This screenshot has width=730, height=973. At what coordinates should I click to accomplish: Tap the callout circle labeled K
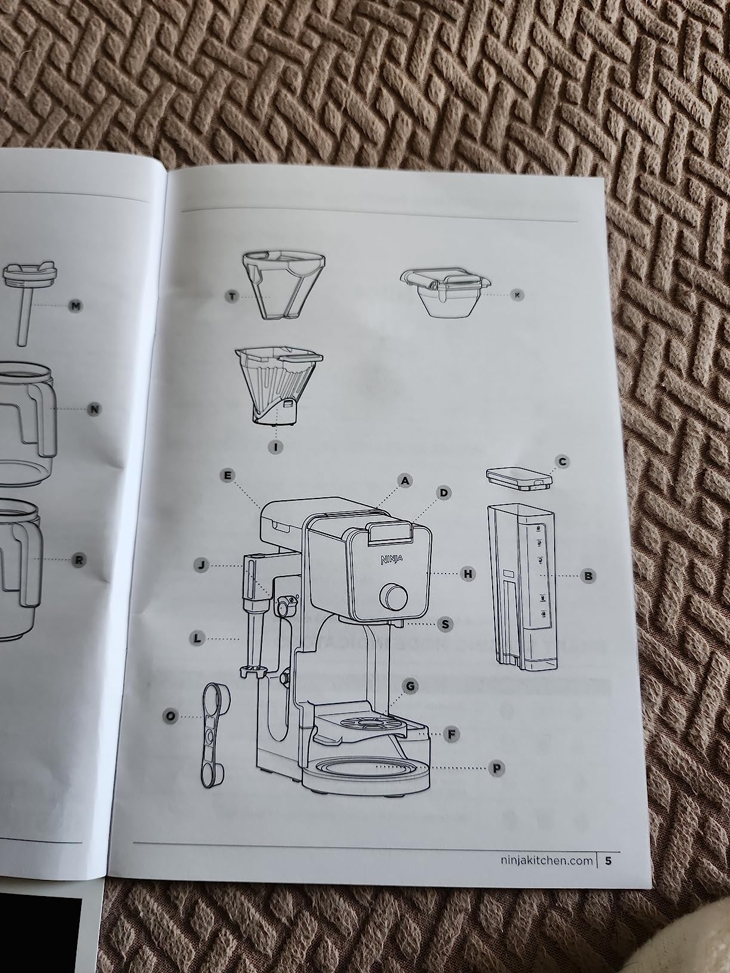(x=518, y=295)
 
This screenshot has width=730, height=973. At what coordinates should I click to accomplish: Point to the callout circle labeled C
(x=562, y=461)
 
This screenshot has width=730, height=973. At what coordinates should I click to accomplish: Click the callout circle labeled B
(x=588, y=576)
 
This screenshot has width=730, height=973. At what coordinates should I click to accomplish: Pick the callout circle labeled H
(x=468, y=574)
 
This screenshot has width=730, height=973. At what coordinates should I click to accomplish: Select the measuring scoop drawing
(x=213, y=734)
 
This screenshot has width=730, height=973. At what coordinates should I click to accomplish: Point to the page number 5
(x=608, y=860)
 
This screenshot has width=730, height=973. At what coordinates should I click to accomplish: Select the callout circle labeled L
(x=198, y=639)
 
